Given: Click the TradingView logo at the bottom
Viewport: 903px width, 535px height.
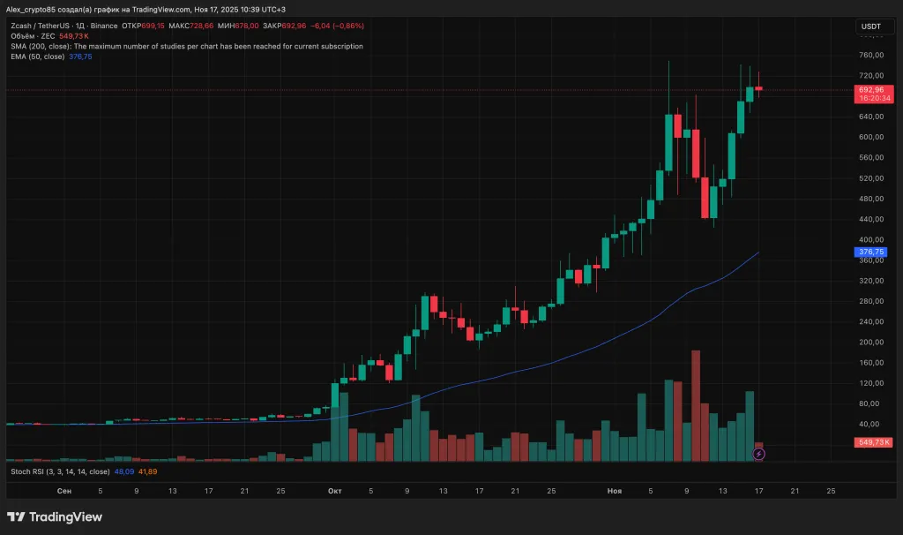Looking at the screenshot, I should tap(55, 517).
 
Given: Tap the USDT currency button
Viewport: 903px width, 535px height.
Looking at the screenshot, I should tap(870, 27).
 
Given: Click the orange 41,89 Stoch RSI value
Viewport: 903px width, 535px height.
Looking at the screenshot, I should tap(147, 472).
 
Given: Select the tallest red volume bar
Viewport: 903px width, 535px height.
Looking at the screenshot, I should tap(696, 405).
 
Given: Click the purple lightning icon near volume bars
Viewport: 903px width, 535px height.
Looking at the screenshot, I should tap(759, 454).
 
